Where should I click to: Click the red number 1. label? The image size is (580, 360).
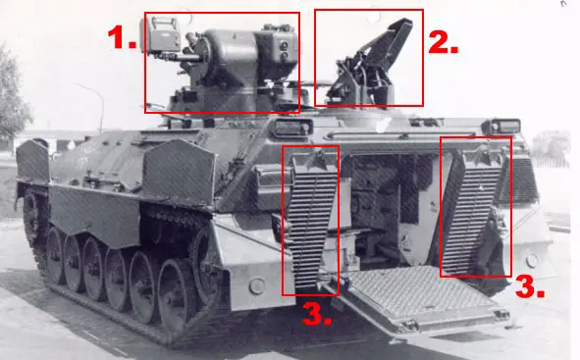123,38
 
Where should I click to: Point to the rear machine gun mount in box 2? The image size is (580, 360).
373,64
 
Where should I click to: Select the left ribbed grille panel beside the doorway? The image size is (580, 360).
311,221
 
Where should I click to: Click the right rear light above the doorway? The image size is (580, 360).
503,126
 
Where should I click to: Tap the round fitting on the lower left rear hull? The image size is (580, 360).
256,285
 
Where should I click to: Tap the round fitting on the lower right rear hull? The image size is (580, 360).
531,262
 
